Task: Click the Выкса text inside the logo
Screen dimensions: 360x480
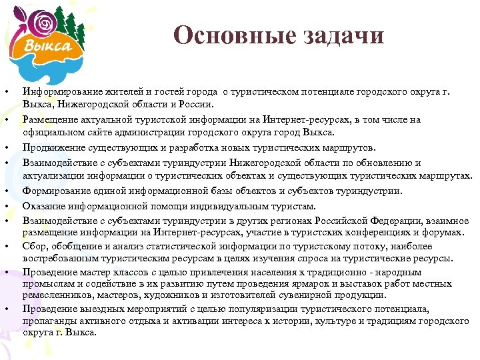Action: pos(49,45)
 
